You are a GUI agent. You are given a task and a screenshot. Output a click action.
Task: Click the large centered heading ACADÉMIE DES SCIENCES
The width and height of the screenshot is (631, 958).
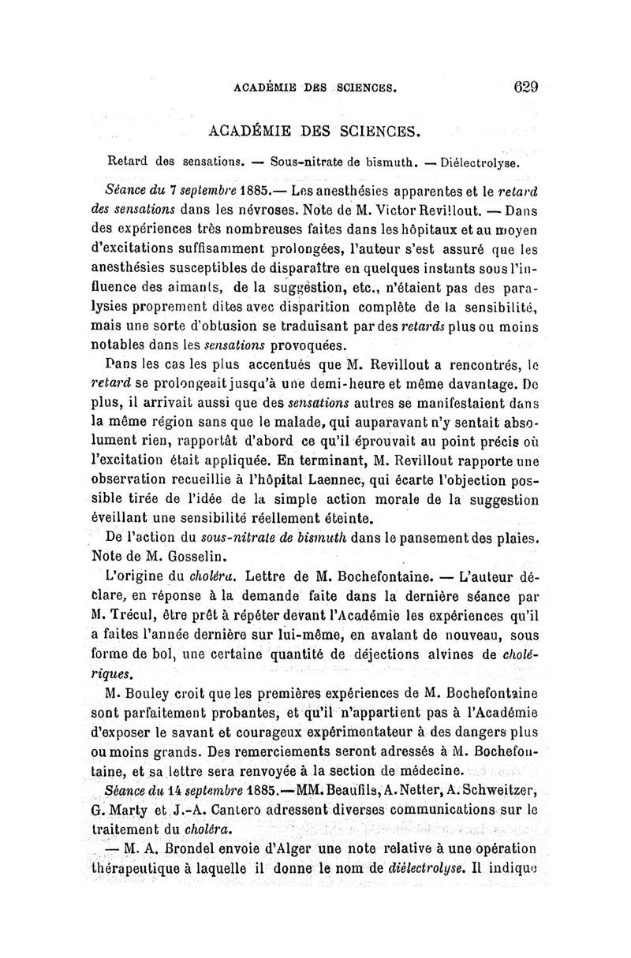point(314,129)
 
